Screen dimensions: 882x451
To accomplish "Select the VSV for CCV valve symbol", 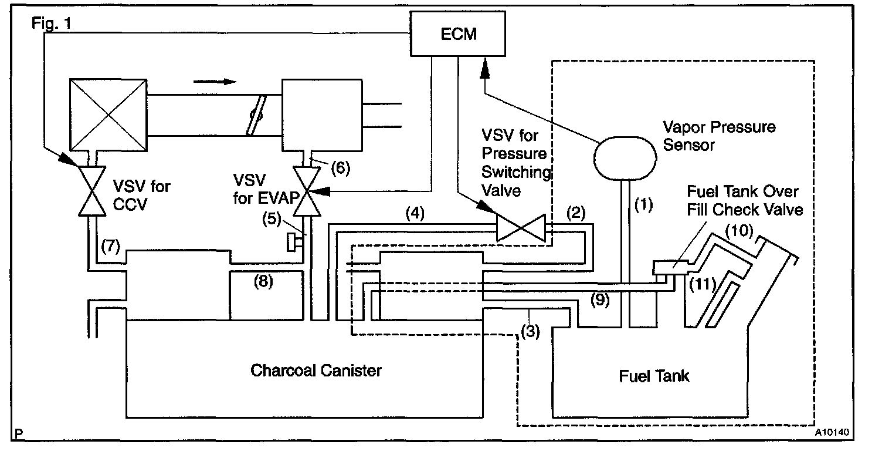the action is (92, 191).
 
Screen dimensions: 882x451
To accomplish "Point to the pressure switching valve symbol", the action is (521, 228).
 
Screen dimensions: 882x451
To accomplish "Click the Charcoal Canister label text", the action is (316, 371).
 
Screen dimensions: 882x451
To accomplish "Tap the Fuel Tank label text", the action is (654, 376).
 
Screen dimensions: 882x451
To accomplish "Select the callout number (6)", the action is (341, 168).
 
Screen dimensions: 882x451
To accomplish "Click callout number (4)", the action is (415, 213).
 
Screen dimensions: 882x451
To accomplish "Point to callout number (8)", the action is (263, 281).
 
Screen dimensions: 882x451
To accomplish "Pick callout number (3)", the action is (530, 331).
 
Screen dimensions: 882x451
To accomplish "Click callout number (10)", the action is (739, 231).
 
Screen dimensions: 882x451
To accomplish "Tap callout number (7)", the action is (110, 246).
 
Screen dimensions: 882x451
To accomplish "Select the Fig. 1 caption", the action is (52, 23).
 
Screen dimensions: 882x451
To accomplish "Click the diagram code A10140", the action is (832, 432).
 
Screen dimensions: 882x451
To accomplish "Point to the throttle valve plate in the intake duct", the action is (256, 115).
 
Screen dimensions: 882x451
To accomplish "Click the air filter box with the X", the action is (108, 115).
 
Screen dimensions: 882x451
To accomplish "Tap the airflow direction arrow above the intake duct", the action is (215, 82).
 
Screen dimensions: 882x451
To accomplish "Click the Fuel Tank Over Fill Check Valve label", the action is (745, 201).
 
